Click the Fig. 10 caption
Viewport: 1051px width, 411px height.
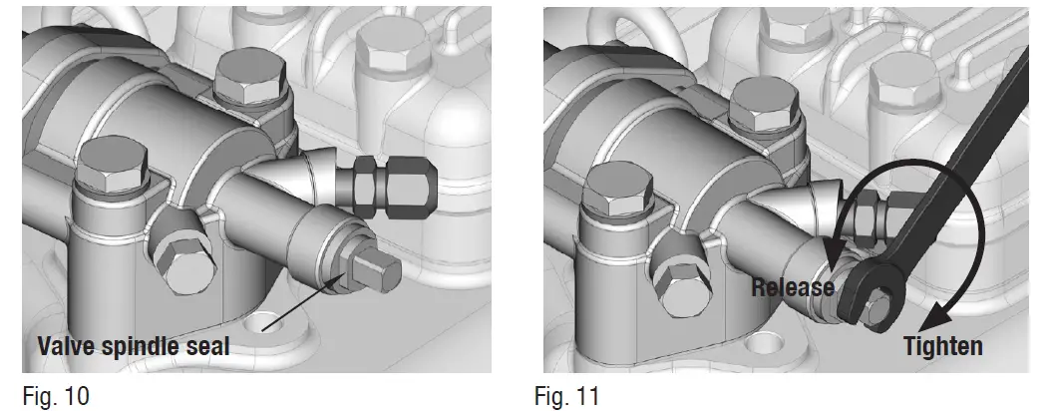[56, 396]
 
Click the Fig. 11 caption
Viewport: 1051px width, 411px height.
[567, 396]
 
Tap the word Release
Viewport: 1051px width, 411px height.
[793, 287]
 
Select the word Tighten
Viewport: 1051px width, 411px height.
[943, 346]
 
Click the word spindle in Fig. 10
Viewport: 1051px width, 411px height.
[139, 347]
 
